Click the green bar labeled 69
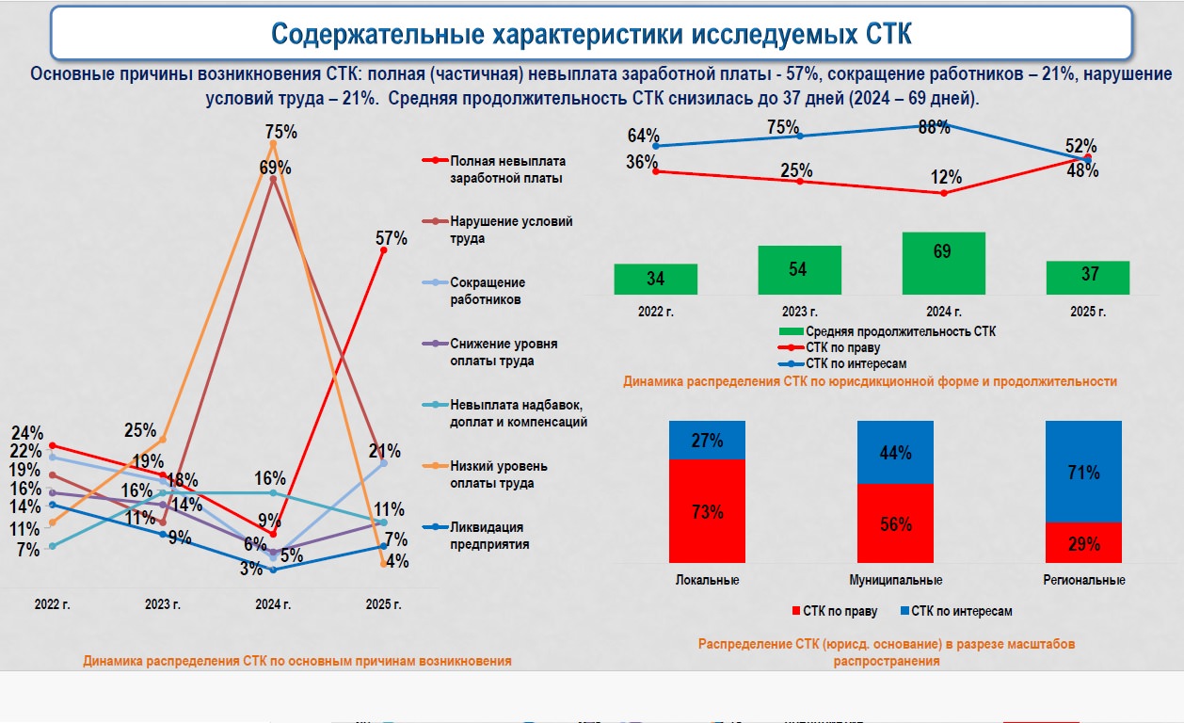point(943,263)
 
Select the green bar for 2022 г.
point(656,279)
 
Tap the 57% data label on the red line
point(392,239)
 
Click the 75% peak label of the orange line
point(280,132)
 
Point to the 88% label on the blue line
point(934,128)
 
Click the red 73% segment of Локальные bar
point(707,511)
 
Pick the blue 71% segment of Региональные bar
point(1083,472)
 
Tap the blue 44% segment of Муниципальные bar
point(895,452)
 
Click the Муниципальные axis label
point(896,580)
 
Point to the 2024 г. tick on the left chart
point(273,603)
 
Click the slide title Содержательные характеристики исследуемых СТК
point(591,34)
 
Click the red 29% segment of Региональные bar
point(1083,542)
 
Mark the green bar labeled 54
point(799,270)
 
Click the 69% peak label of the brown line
point(275,168)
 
